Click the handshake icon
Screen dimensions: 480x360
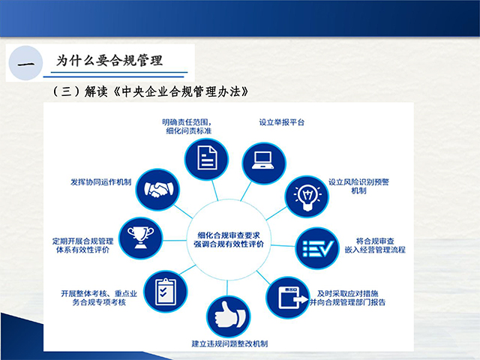tap(158, 189)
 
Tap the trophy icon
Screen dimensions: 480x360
tap(141, 238)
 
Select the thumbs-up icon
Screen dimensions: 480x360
tap(229, 316)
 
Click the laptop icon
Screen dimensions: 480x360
tap(263, 160)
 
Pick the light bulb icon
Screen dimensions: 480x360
tap(307, 196)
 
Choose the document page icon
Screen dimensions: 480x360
tap(207, 158)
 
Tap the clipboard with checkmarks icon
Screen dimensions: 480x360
tap(166, 292)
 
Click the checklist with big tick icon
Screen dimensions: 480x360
tap(318, 248)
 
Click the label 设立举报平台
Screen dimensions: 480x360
tap(282, 122)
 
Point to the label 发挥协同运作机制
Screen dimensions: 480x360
tap(101, 182)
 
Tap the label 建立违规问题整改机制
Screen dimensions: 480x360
tap(229, 343)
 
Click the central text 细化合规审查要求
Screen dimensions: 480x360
tap(229, 235)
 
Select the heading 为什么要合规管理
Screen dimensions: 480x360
tap(109, 60)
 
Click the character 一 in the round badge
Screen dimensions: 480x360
tap(25, 64)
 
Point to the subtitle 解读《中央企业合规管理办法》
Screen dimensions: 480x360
tap(166, 91)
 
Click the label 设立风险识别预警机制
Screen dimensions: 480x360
tap(358, 186)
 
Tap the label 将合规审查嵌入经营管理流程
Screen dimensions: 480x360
tap(375, 245)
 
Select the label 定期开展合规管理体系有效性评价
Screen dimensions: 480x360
tap(82, 245)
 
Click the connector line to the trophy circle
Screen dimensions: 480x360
tap(175, 241)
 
